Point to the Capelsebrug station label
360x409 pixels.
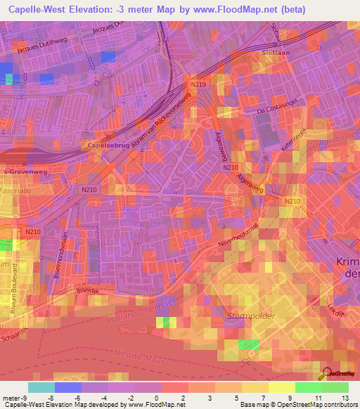coord(107,145)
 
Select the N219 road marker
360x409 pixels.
coord(198,84)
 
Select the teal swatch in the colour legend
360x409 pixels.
coord(41,387)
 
